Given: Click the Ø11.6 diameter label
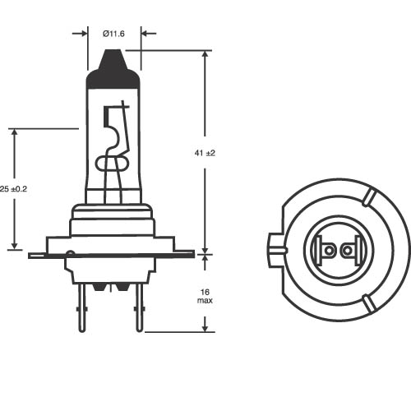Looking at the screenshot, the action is point(113,34).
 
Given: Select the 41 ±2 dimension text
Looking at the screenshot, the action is point(205,153).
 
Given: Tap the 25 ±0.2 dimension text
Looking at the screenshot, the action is point(13,189).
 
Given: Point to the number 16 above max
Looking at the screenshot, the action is point(205,292).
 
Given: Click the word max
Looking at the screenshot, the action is point(205,301).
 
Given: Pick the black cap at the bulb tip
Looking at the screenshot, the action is point(113,69).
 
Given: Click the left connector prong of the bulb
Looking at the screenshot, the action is point(82,307).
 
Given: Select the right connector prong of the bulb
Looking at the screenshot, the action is point(140,307).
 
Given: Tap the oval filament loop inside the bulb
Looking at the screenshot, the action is point(112,164).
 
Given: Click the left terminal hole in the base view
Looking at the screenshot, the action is point(329,250).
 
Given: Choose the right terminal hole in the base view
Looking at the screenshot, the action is point(347,250).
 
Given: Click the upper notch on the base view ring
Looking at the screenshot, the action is point(368,198).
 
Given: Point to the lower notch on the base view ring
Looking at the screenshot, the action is point(368,302).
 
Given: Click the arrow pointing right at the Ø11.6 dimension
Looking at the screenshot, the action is point(80,34).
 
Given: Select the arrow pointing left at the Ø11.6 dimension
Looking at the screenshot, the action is point(149,34).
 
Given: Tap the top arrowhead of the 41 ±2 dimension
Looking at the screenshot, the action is point(205,54).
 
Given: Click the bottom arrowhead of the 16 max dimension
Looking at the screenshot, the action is point(205,328).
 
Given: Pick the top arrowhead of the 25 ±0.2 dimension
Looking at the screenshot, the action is point(15,132).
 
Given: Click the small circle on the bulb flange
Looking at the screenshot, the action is point(71,253).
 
